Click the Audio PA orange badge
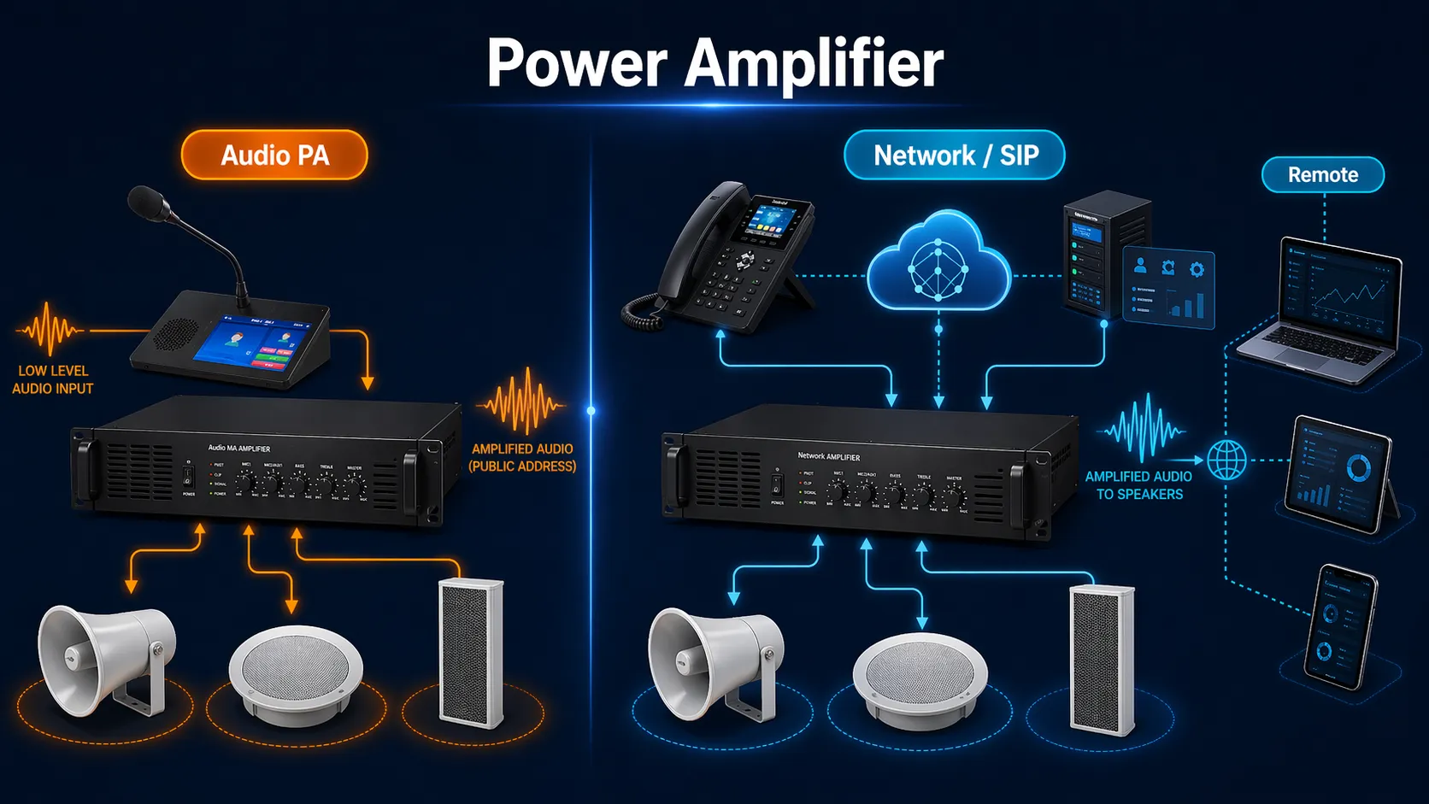coord(274,155)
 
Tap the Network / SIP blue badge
coord(955,156)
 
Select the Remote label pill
coord(1322,174)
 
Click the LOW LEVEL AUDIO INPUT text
coord(53,379)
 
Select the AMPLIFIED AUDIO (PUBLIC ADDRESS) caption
coord(522,457)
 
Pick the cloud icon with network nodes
coord(938,263)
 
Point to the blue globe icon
coord(1226,460)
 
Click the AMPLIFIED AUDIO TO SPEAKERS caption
coord(1138,485)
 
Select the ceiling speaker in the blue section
coord(920,680)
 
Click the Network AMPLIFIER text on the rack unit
coord(828,456)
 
